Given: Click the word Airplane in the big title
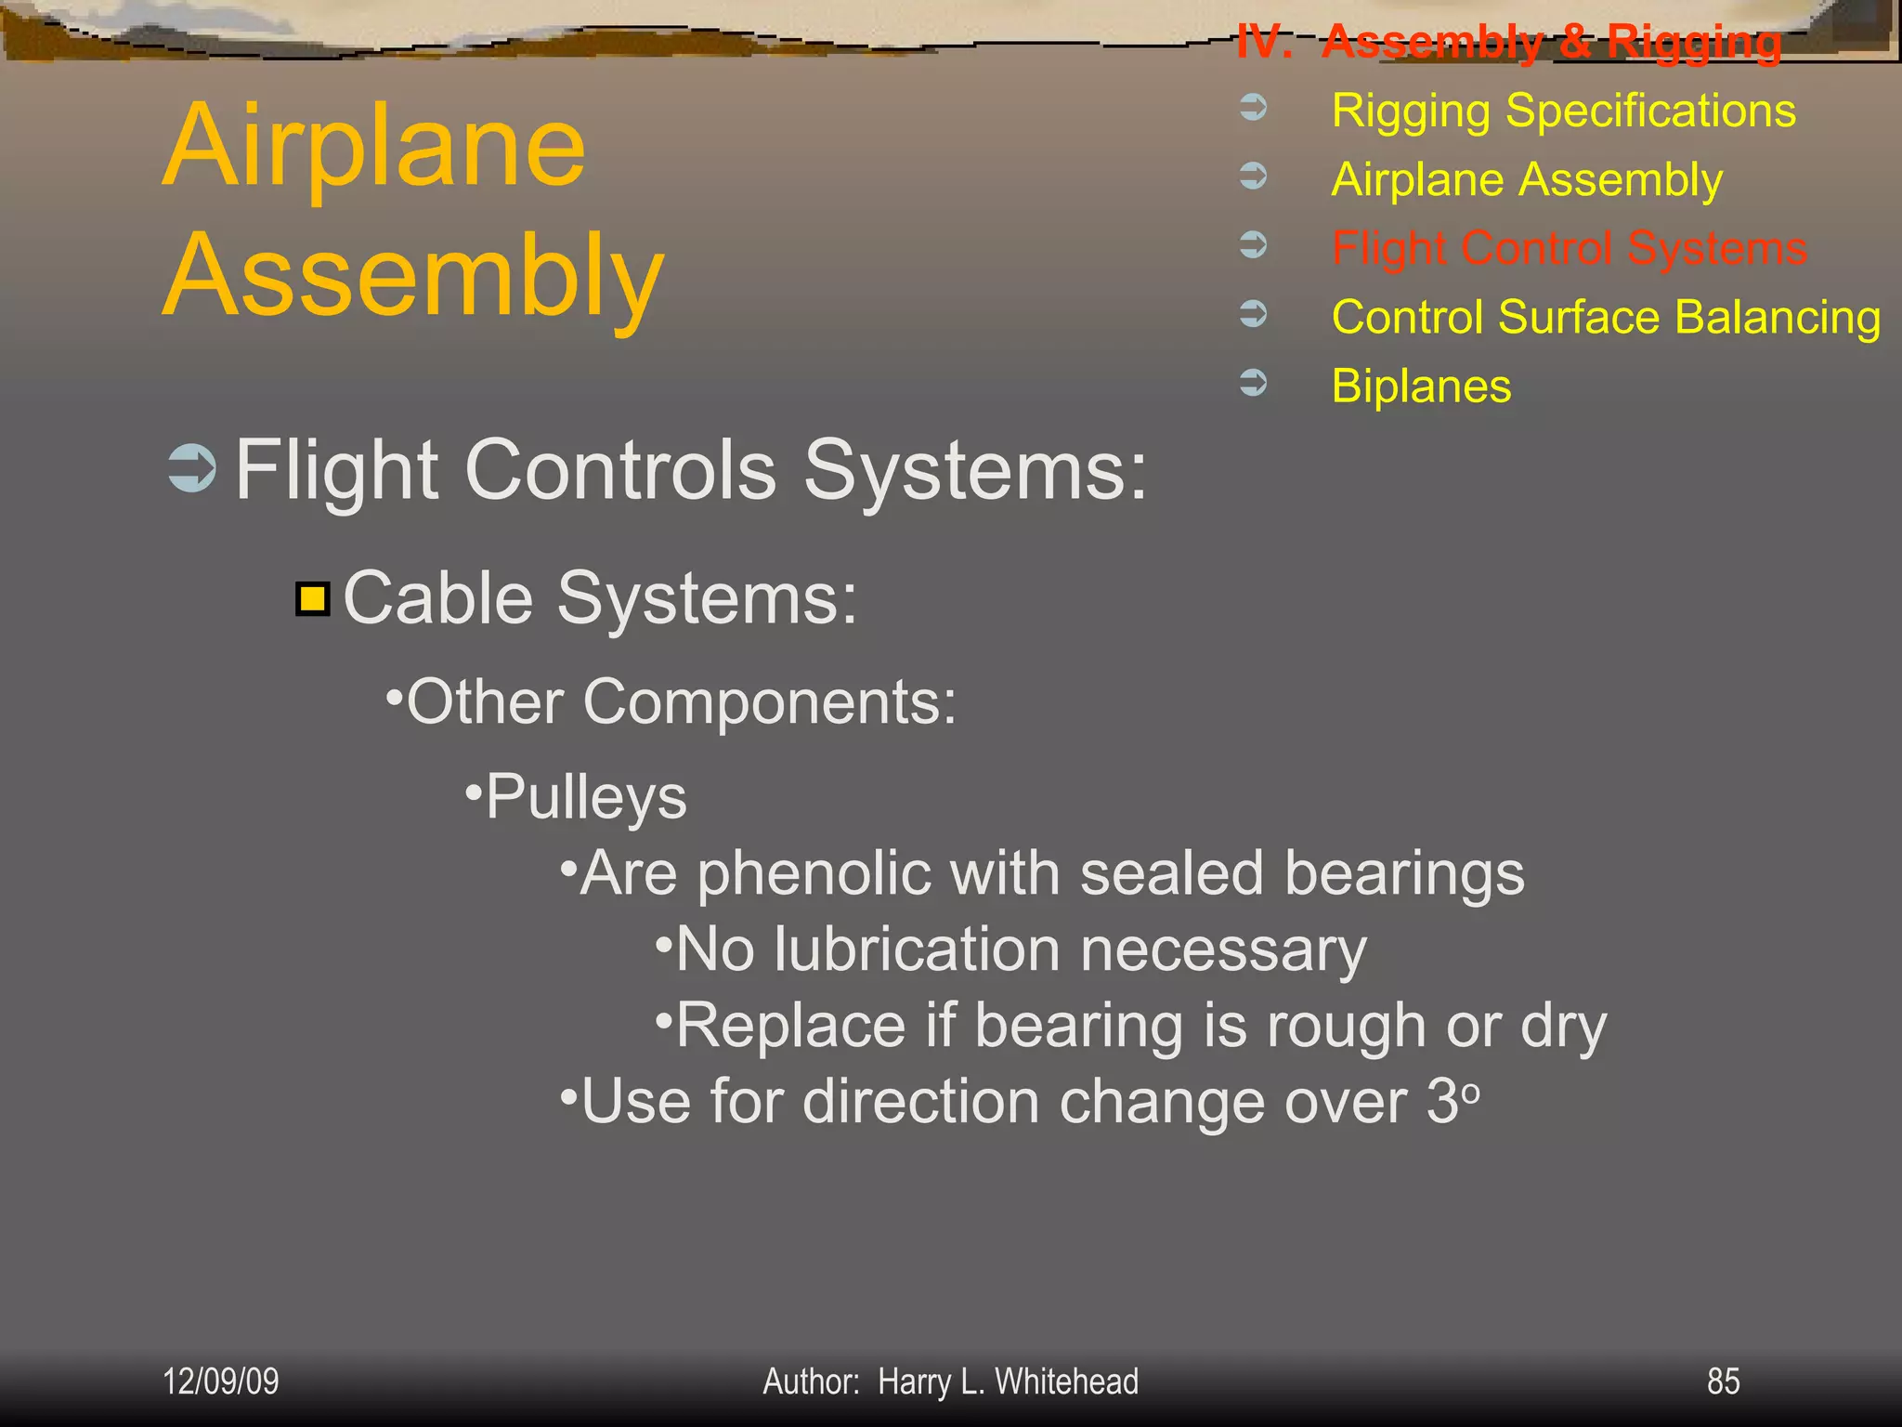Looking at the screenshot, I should tap(374, 147).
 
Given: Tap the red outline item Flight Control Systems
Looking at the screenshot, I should tap(1569, 249).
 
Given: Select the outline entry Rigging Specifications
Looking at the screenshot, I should tap(1563, 111).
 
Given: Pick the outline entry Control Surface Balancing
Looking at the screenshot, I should tap(1606, 318).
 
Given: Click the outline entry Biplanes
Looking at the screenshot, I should tap(1421, 386).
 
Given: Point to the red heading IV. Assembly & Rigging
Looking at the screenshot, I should tap(1509, 43).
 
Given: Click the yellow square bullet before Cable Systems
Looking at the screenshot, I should tap(313, 599).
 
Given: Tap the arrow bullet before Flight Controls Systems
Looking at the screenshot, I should tap(192, 468).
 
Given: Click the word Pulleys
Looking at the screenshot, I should tap(586, 798).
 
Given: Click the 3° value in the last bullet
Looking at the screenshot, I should tap(1452, 1102).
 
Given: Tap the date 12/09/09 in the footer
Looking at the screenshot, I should tap(221, 1381).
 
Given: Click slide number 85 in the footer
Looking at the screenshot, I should tap(1723, 1381).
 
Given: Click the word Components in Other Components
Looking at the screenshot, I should tap(769, 702).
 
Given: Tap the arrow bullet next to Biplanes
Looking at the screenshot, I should tap(1254, 383).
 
